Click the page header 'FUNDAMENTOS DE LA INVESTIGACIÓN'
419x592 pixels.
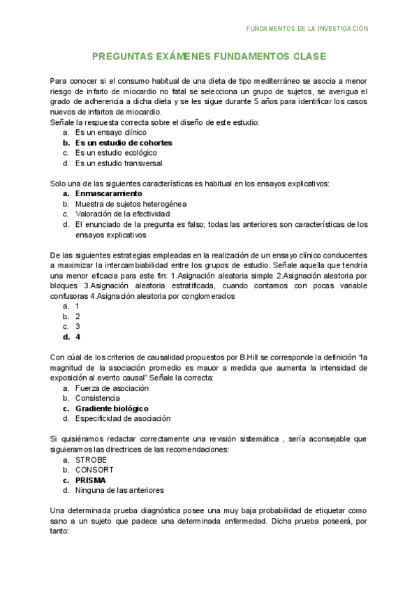coord(307,29)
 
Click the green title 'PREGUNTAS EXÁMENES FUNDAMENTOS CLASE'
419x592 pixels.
coord(209,57)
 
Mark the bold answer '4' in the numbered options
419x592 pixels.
coord(78,336)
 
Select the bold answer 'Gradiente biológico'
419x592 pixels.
coord(112,408)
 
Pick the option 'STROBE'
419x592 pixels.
coord(91,460)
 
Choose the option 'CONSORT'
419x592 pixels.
coord(94,470)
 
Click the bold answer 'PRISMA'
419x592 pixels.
coord(90,480)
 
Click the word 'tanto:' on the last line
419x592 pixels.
coord(60,531)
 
